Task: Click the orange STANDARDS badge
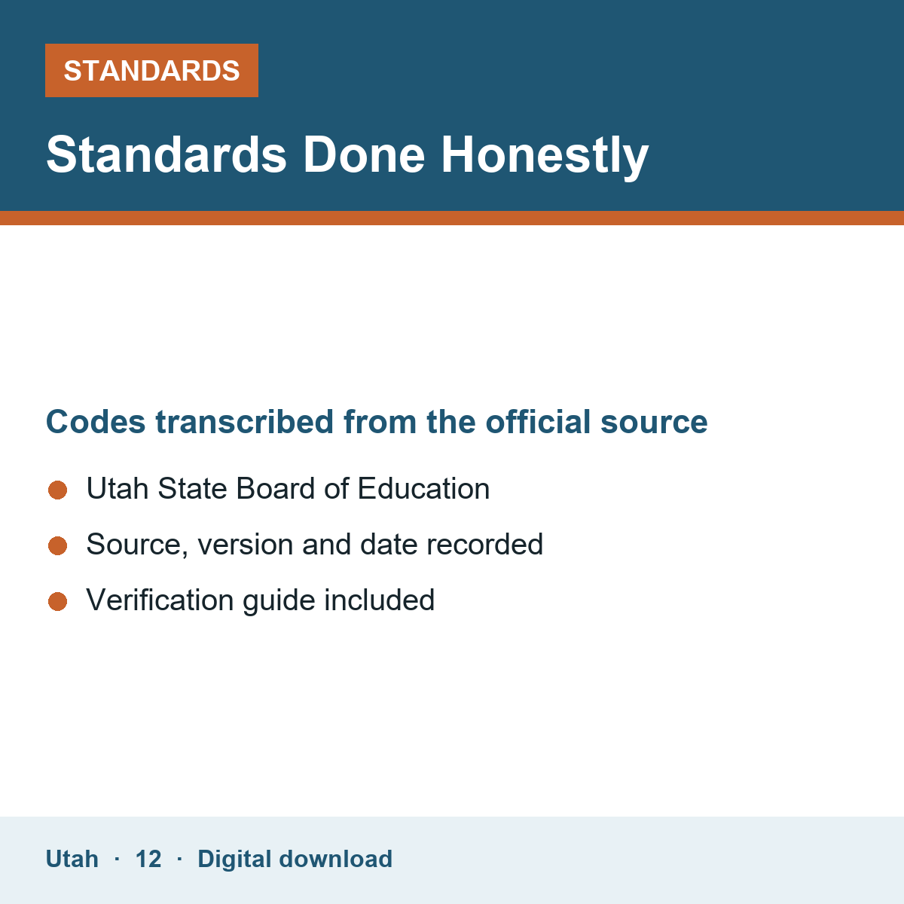[x=151, y=70]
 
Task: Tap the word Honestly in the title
[x=545, y=156]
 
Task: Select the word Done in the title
[x=364, y=155]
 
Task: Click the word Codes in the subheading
[x=96, y=422]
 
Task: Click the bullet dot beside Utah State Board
[x=58, y=490]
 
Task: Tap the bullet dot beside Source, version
[x=58, y=545]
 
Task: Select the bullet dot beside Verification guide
[x=58, y=601]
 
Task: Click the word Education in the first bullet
[x=423, y=488]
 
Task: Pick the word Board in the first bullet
[x=276, y=488]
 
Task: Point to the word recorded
[x=484, y=544]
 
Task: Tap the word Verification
[x=160, y=600]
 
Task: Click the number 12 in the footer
[x=148, y=859]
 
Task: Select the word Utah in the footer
[x=72, y=859]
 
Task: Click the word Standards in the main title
[x=166, y=155]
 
